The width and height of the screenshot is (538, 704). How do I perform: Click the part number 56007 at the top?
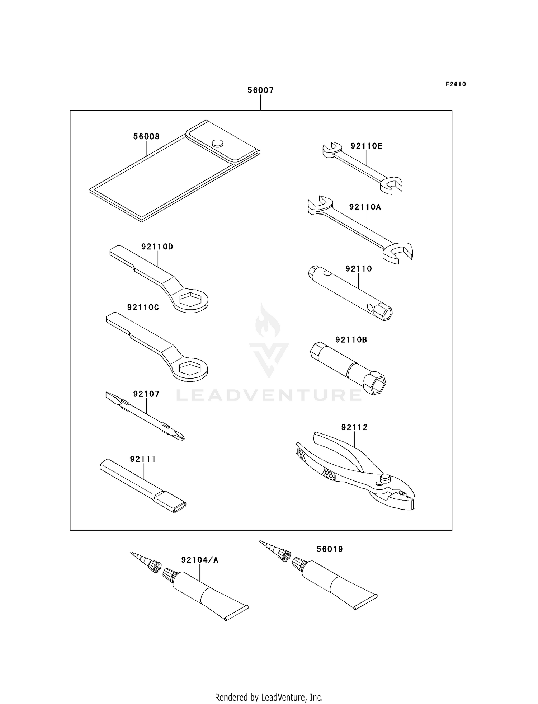tap(260, 90)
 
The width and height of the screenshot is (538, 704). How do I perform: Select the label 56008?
tap(146, 137)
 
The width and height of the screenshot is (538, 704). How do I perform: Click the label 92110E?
tap(367, 146)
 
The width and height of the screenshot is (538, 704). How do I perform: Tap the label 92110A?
tap(365, 207)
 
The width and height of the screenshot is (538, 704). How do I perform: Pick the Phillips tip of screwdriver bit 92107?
tap(180, 436)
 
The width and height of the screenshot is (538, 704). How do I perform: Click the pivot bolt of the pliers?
tap(385, 478)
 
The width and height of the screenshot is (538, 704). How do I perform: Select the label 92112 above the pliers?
tap(354, 427)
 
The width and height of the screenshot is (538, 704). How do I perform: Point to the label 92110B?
tap(351, 340)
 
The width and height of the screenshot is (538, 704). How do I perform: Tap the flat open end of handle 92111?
tap(180, 506)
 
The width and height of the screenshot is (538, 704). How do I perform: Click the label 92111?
tap(143, 459)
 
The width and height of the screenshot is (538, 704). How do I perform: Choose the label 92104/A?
tap(200, 560)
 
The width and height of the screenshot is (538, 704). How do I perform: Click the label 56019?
tap(330, 549)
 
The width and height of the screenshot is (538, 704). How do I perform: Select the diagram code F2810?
tap(456, 84)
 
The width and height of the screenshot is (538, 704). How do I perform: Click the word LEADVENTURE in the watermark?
tap(269, 395)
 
